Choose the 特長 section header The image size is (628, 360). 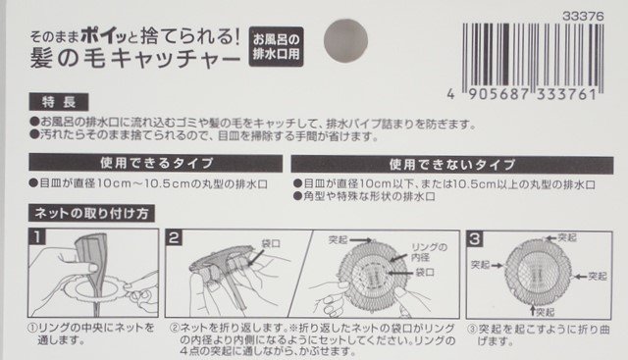(x=60, y=103)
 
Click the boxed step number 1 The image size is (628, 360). (x=36, y=236)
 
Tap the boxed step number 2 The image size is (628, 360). (x=174, y=236)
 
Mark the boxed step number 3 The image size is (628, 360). (x=476, y=236)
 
